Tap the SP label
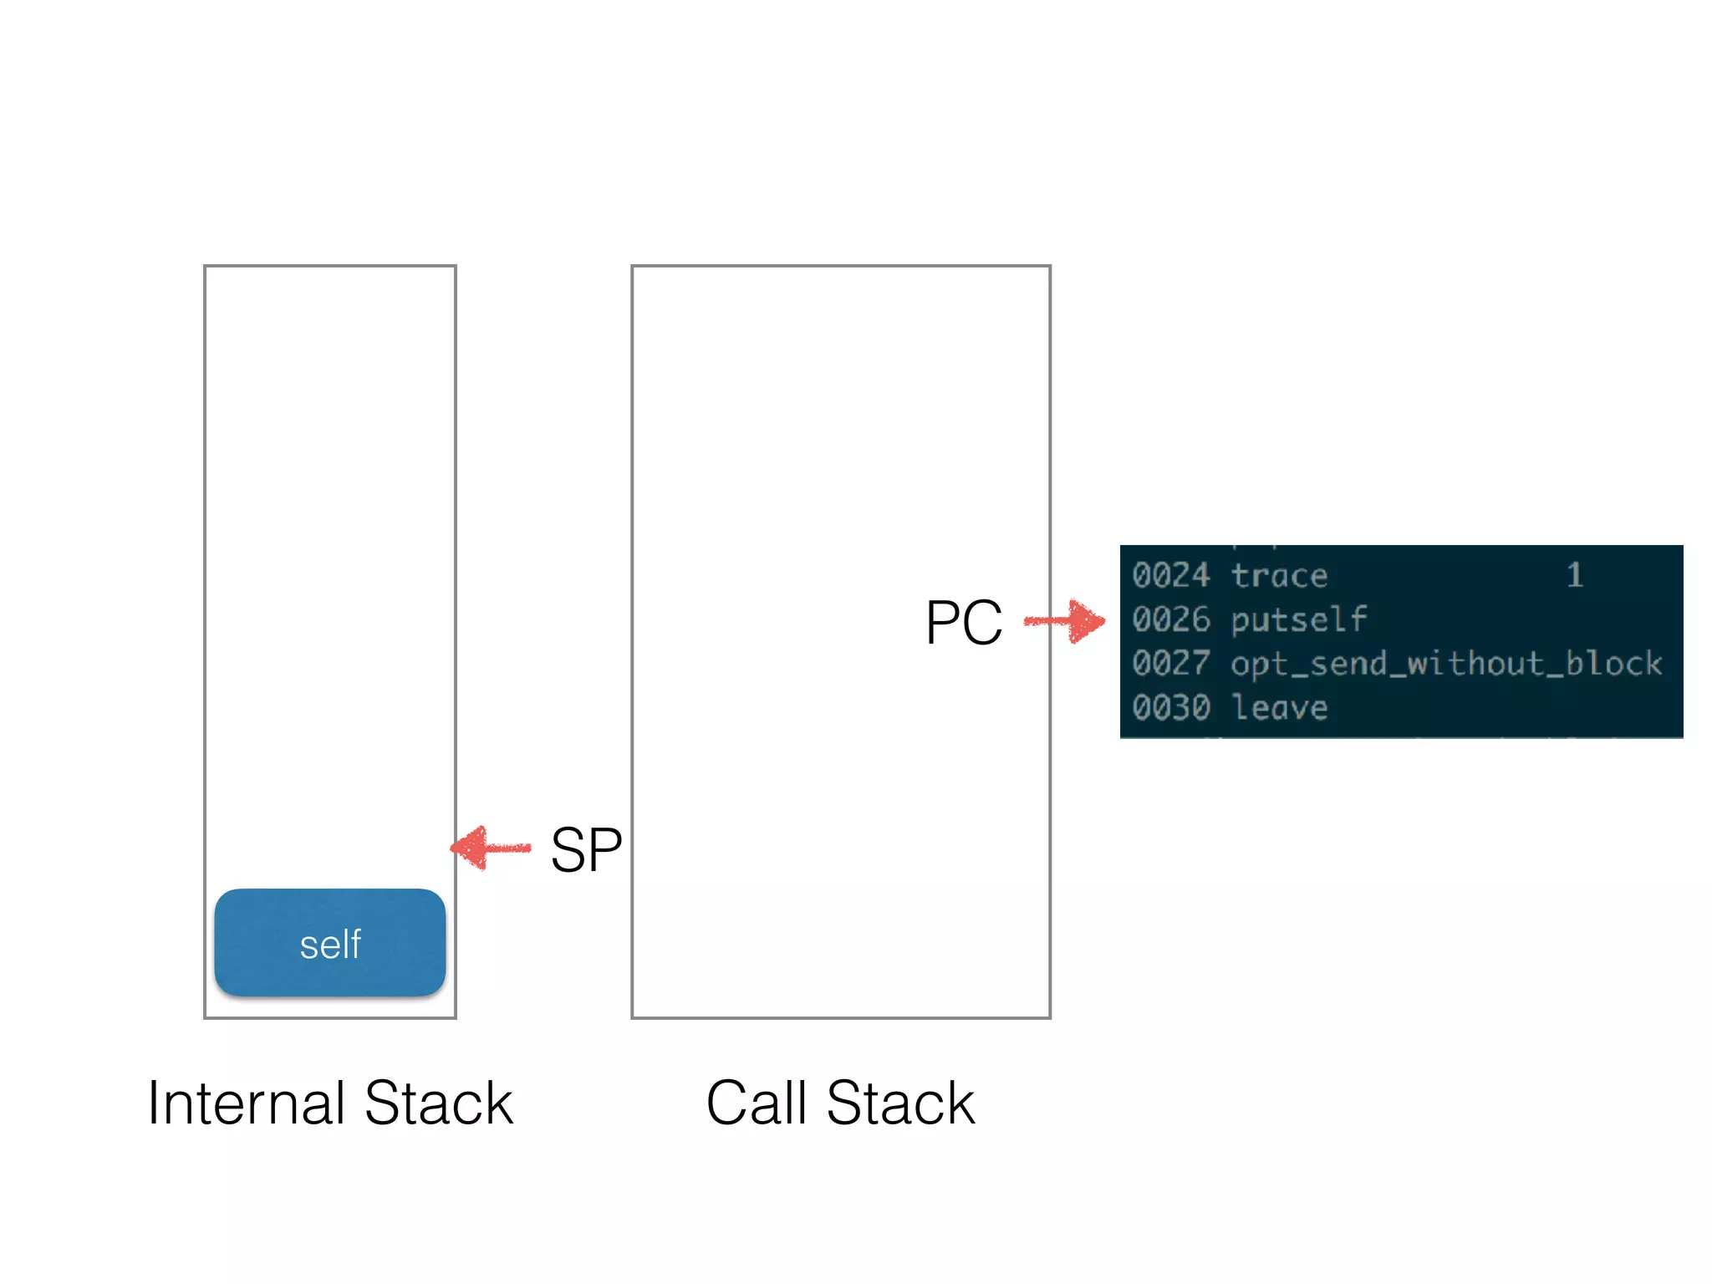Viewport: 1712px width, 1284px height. [586, 850]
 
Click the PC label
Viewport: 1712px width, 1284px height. [963, 623]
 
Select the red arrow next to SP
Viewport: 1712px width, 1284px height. [492, 848]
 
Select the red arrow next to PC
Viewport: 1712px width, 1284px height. [1063, 621]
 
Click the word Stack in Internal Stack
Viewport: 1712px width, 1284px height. [439, 1103]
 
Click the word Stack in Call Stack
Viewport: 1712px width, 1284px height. [900, 1103]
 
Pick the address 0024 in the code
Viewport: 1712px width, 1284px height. [1170, 575]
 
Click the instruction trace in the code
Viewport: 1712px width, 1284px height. [1279, 576]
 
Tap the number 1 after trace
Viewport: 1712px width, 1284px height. [1575, 575]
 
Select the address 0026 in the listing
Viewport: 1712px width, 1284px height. [1170, 619]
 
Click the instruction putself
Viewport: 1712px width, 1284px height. [1298, 620]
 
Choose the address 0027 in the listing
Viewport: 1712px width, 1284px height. [1170, 664]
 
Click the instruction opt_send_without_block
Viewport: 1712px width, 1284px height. [1446, 664]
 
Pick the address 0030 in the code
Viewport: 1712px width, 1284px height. [1170, 708]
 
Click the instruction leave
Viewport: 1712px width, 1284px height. [1279, 708]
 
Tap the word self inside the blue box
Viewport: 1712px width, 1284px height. [330, 945]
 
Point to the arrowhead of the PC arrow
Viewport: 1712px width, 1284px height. [1089, 621]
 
